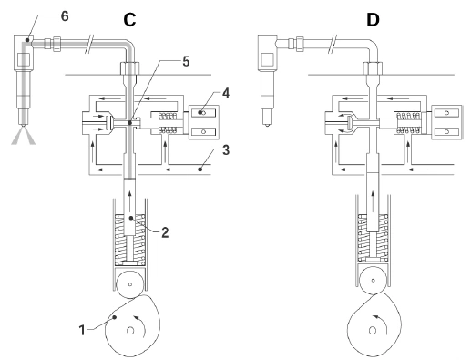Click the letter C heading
click(x=129, y=20)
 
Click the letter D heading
click(x=373, y=20)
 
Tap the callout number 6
click(x=65, y=16)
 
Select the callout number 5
click(x=186, y=61)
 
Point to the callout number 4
click(x=226, y=93)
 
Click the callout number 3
click(x=226, y=150)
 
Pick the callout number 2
click(x=165, y=232)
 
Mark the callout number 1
click(x=82, y=330)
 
